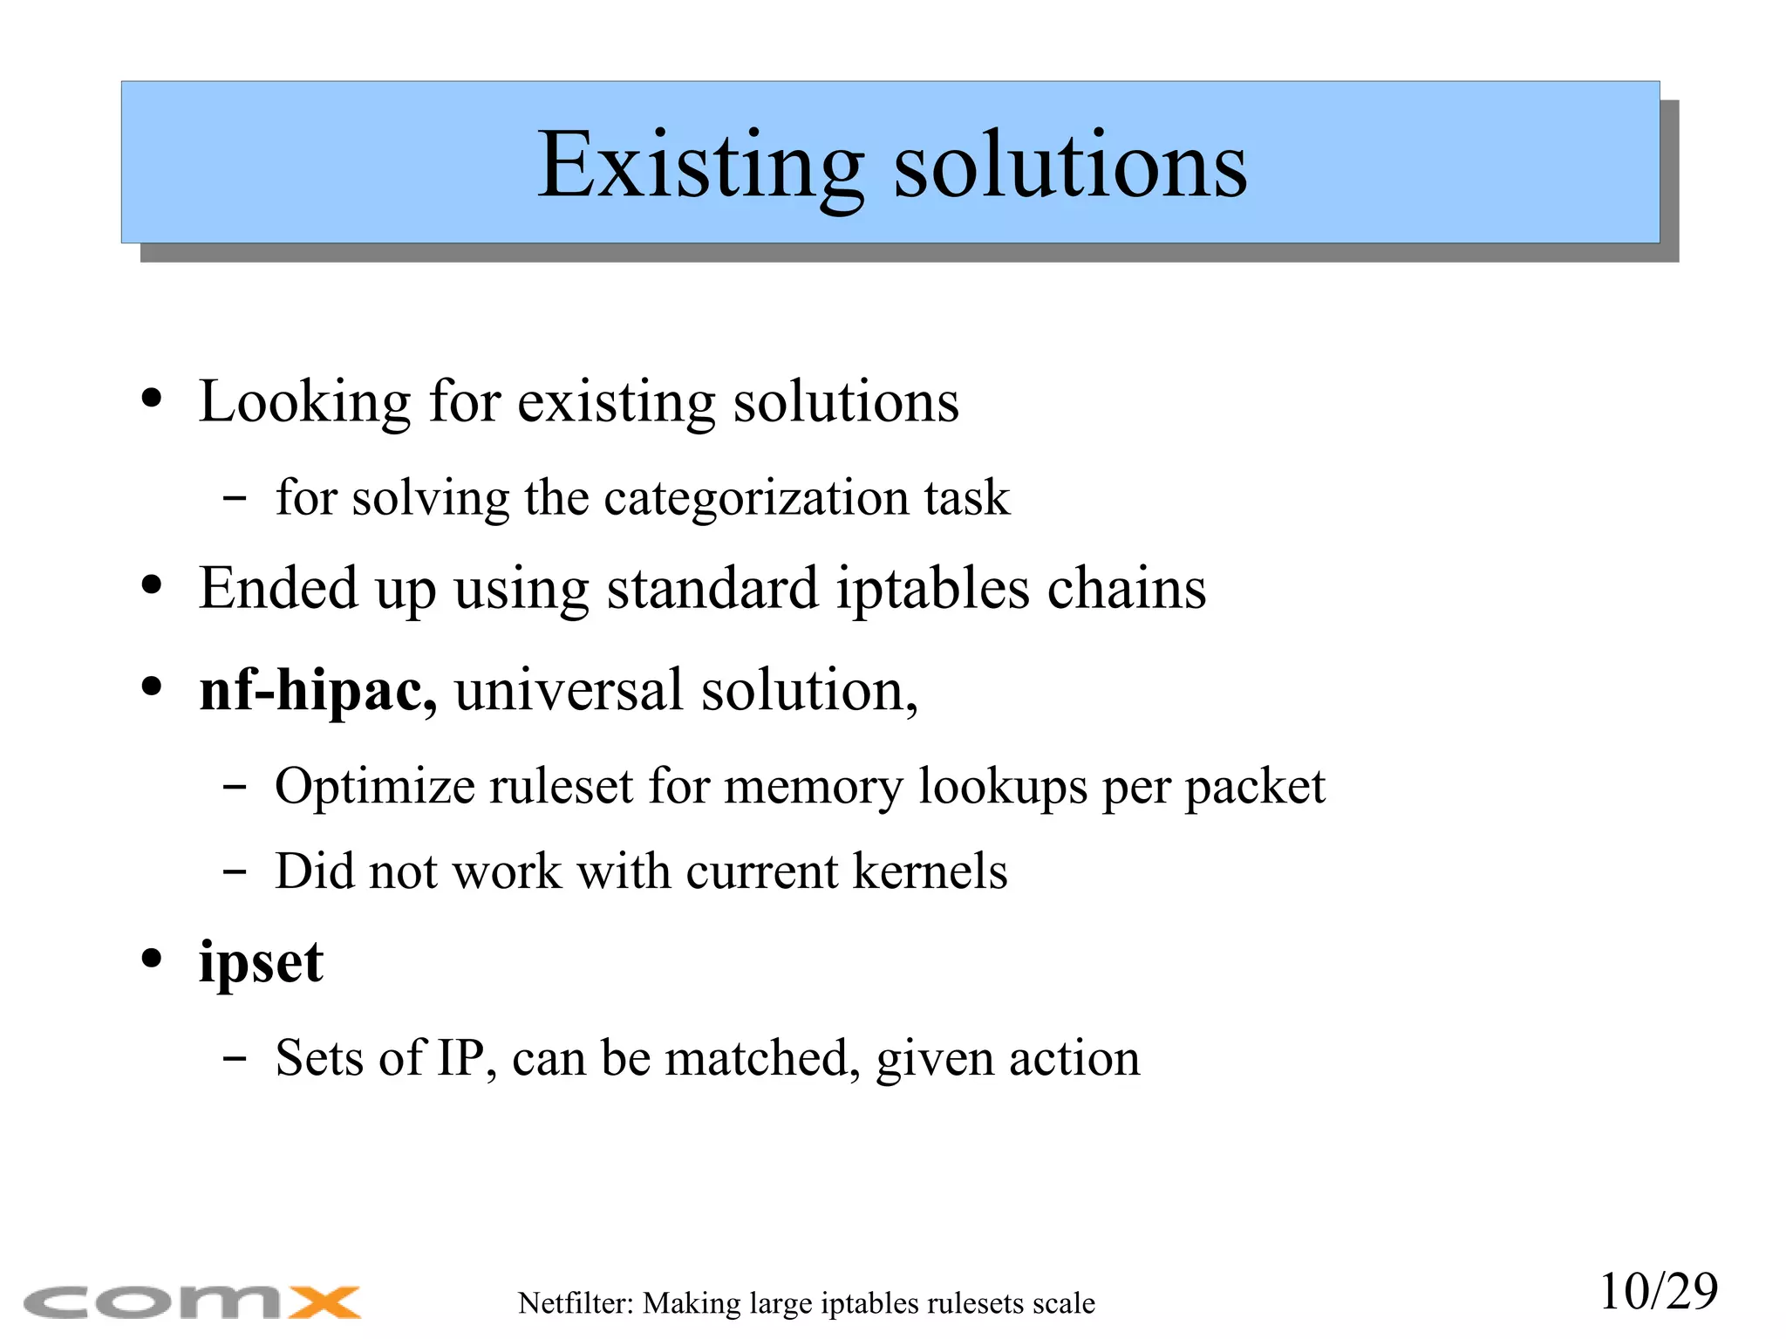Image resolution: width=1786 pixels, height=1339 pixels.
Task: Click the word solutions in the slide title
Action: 1070,166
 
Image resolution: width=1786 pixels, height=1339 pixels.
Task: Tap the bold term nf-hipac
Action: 317,690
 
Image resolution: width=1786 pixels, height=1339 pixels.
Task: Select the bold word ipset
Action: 261,962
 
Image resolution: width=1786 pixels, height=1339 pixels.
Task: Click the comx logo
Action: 192,1303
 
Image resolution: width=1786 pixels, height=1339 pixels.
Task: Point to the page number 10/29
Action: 1658,1291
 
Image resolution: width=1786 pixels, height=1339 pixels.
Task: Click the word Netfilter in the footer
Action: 575,1303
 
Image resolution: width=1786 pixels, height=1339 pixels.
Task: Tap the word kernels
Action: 930,871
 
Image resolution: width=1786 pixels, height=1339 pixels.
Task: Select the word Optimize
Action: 374,787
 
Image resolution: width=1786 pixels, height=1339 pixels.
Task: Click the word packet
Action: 1255,787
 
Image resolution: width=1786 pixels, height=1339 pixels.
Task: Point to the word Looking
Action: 304,402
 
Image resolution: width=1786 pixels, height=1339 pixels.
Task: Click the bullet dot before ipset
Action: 152,959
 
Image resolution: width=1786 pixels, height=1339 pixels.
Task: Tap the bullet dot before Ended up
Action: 152,585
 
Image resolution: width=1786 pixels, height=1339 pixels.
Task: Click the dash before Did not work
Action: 234,871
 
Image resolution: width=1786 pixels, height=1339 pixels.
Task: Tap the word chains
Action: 1126,589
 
